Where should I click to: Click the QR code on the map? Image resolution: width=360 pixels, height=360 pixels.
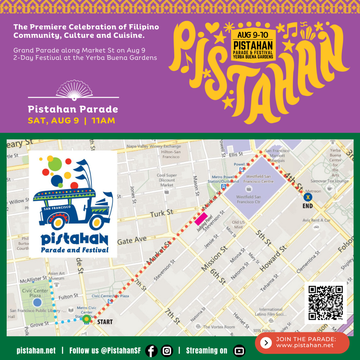[x=326, y=303]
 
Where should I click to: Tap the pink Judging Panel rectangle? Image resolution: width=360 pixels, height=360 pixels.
[x=201, y=219]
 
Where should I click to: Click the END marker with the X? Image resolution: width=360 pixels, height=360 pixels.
[x=307, y=198]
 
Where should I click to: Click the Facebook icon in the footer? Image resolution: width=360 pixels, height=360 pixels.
[x=151, y=351]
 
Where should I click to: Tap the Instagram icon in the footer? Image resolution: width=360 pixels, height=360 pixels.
[x=167, y=351]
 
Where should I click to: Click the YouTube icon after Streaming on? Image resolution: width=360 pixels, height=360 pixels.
[x=239, y=351]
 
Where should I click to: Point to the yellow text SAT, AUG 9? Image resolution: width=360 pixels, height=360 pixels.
[x=54, y=121]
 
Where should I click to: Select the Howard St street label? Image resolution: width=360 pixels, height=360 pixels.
[x=274, y=257]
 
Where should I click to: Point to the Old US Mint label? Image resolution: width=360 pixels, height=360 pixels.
[x=239, y=224]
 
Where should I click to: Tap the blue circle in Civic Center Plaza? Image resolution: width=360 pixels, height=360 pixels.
[x=37, y=302]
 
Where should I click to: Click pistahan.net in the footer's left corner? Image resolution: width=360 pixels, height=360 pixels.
[x=36, y=351]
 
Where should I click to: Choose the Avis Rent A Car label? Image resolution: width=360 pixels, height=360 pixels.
[x=316, y=220]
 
